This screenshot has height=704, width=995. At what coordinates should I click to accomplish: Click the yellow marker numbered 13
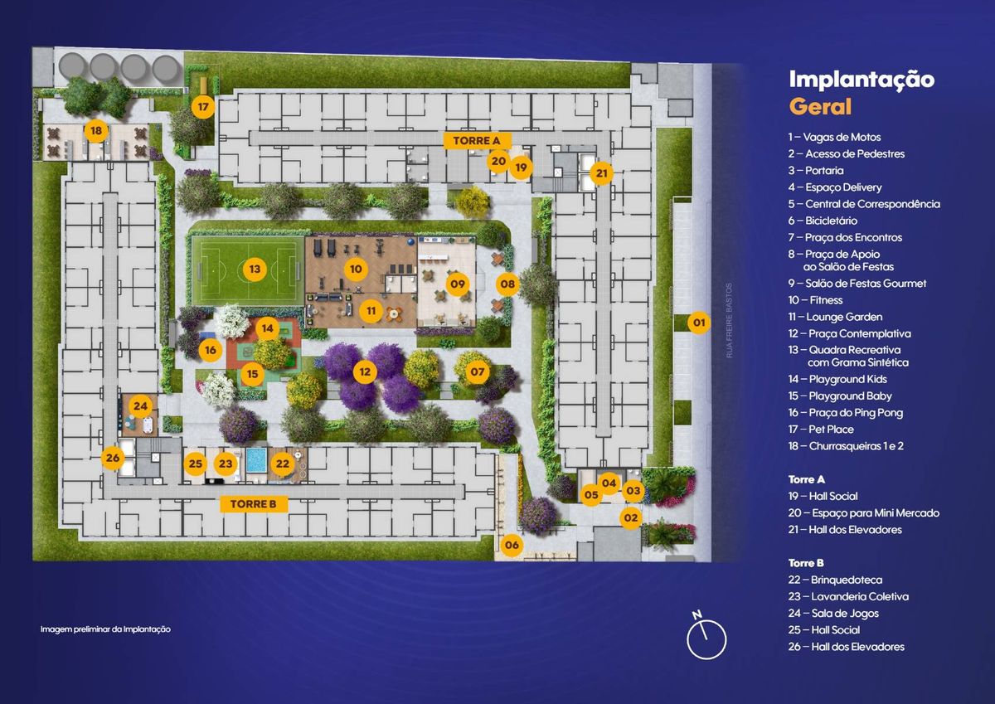255,269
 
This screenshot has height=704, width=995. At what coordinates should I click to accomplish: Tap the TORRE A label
477,141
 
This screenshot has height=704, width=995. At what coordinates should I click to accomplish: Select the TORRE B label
253,504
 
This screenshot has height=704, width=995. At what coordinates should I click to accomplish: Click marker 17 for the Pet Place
203,107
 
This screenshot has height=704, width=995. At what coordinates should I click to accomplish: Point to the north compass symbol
706,636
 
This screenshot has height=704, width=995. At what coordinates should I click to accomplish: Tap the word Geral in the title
820,107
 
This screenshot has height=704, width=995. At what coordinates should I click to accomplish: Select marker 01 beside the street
699,323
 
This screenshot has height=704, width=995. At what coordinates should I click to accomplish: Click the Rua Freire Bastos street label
729,320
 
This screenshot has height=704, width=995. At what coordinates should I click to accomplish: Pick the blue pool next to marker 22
256,460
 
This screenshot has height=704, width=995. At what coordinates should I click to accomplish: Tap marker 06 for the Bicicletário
512,545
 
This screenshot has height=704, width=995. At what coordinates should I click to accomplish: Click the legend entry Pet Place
821,430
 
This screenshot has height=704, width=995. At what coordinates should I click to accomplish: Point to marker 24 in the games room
140,406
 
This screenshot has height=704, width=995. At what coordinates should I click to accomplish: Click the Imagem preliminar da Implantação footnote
105,629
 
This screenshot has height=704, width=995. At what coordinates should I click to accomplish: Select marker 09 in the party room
458,284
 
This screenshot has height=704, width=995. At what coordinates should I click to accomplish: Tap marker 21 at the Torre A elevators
601,173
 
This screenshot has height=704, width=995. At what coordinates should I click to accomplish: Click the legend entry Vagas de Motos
834,138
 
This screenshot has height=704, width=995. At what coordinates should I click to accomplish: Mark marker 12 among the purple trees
365,372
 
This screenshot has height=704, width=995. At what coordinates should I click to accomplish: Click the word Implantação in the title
862,80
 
